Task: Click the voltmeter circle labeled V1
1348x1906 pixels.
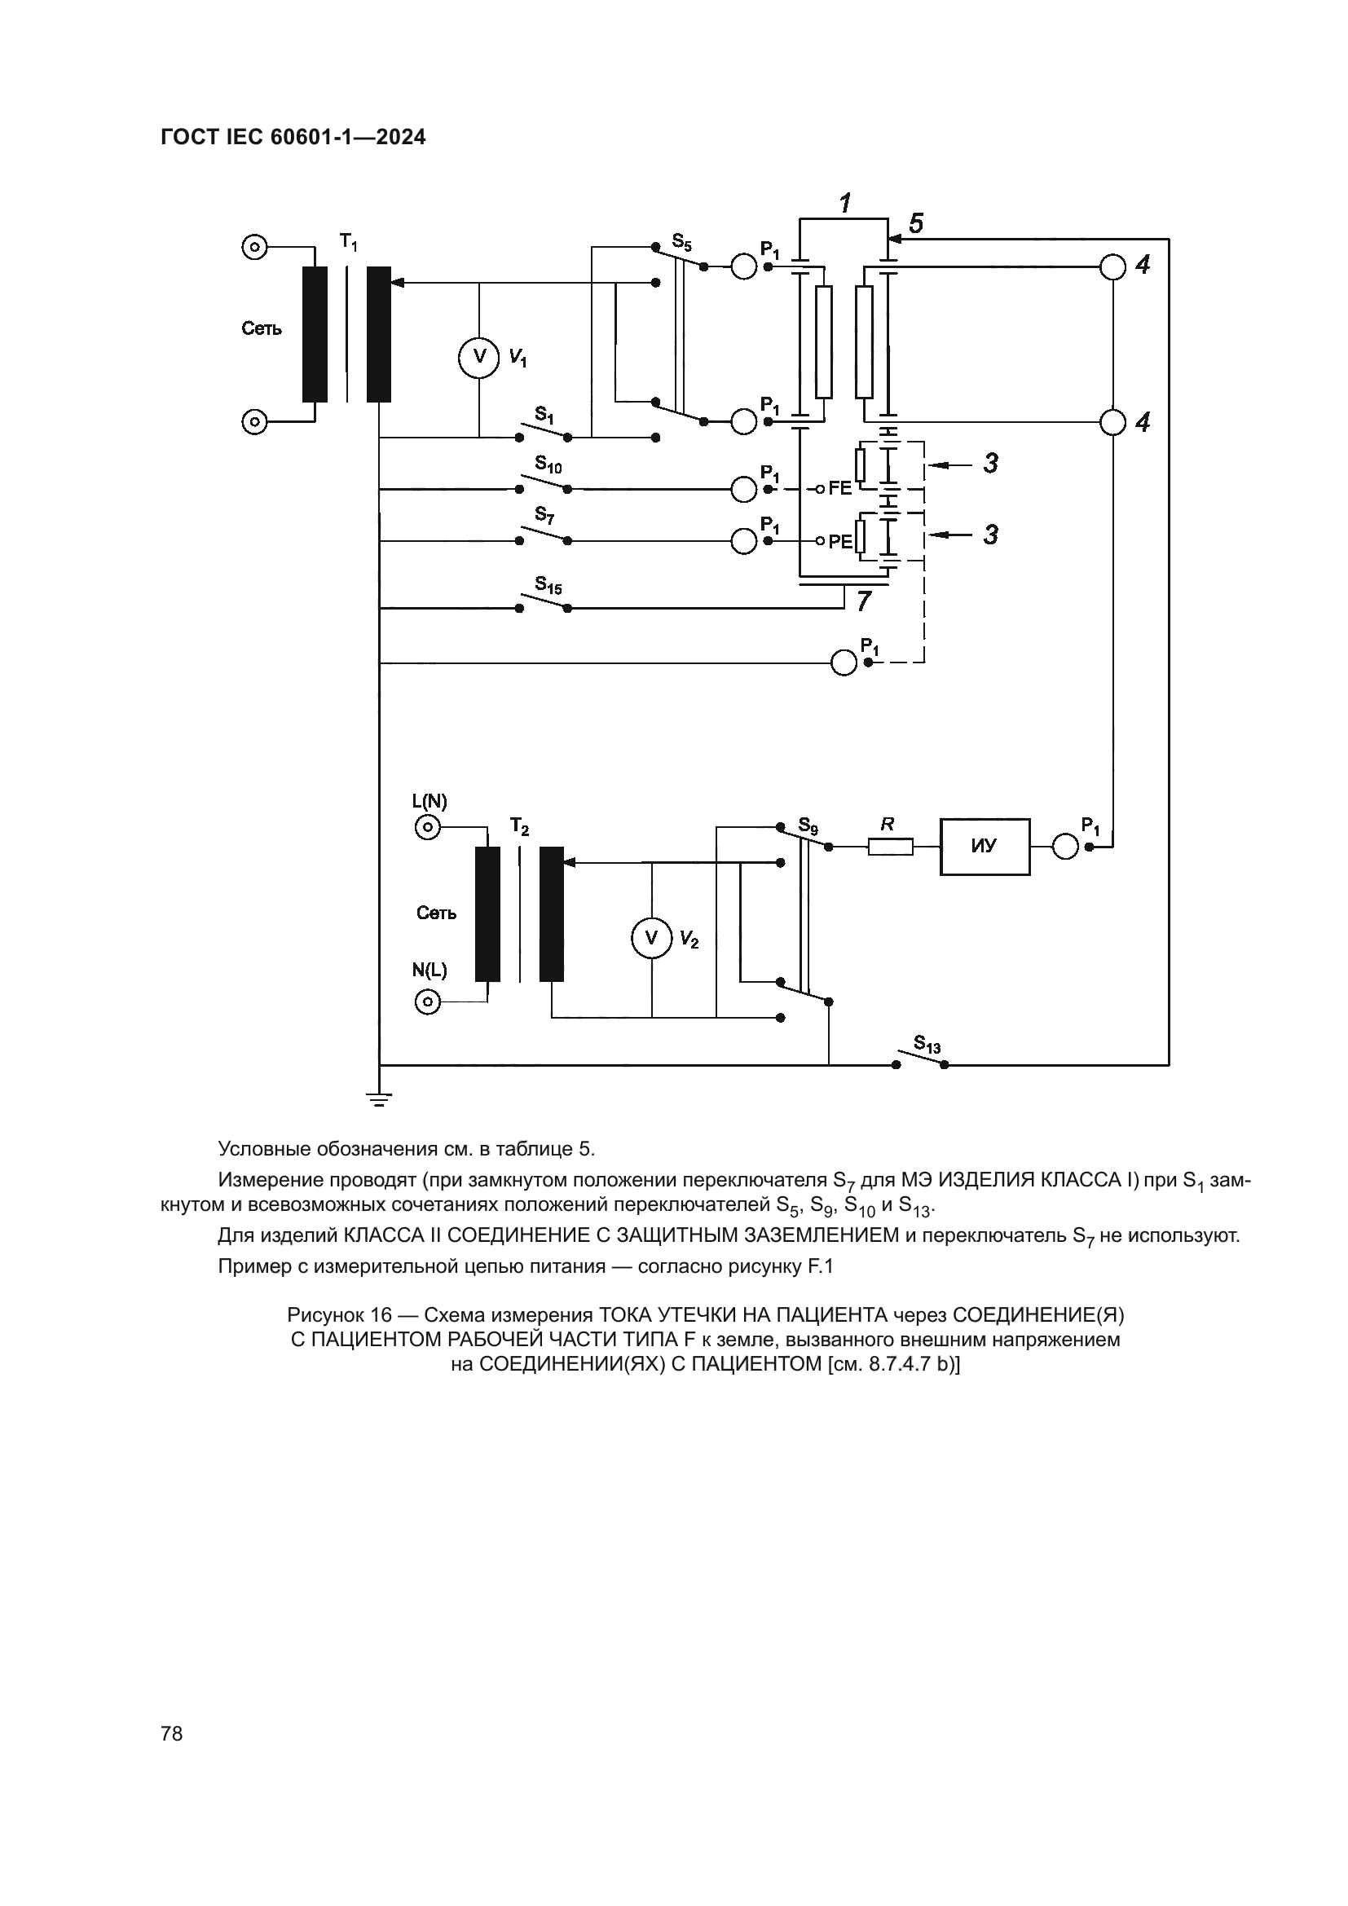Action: click(479, 357)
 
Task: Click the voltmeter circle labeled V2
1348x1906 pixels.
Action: click(652, 938)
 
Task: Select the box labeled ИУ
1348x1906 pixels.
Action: click(985, 847)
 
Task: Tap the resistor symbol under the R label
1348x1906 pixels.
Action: click(890, 847)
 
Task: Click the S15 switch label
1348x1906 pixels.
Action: click(548, 585)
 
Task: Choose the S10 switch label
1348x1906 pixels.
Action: click(548, 464)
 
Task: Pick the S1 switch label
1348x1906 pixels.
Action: click(544, 413)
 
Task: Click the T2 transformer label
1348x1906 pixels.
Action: click(520, 826)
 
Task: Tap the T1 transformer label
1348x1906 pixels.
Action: click(349, 242)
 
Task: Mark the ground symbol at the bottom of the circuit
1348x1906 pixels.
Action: click(379, 1101)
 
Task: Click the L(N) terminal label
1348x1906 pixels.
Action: click(430, 801)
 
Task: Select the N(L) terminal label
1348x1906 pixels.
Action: click(430, 971)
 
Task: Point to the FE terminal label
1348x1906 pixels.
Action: click(840, 488)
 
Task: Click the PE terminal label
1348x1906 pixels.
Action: click(840, 541)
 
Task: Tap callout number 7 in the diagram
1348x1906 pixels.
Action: click(864, 602)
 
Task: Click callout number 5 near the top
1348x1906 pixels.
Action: click(915, 223)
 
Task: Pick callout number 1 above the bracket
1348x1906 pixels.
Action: click(845, 203)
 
